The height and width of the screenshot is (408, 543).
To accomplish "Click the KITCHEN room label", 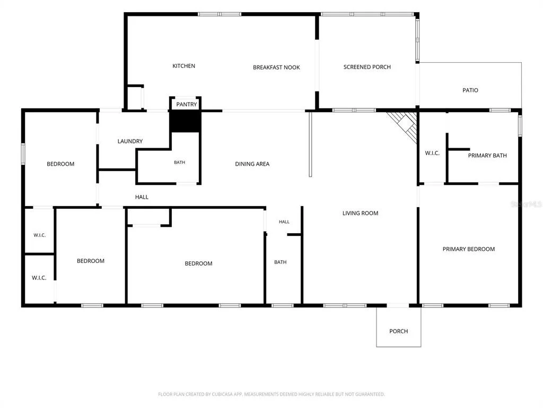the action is tap(183, 66).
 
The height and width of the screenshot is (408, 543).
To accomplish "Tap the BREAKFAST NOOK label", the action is tap(276, 67).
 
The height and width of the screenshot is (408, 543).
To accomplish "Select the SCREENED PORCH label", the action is tap(367, 67).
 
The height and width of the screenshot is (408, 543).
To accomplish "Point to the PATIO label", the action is tap(470, 90).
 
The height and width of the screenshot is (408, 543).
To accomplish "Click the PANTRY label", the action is tap(186, 105).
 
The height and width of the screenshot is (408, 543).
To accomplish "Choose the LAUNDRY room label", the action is tap(130, 141).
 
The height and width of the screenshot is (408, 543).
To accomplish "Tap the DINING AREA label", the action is tap(252, 164).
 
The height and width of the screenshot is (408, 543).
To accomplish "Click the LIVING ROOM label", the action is tap(360, 213).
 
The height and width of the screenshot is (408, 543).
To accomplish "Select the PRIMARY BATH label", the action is tap(487, 156).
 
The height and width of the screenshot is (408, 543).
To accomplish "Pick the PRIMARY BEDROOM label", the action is tap(469, 249).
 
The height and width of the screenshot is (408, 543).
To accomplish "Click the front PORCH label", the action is tap(399, 331).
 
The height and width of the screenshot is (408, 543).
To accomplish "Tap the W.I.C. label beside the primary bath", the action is tap(432, 153).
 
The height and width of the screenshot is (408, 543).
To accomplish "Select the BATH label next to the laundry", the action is tap(179, 163).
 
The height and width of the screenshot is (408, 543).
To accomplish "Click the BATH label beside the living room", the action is tap(280, 262).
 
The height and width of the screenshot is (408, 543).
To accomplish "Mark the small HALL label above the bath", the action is tap(284, 222).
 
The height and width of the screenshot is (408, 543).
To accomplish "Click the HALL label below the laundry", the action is tap(142, 197).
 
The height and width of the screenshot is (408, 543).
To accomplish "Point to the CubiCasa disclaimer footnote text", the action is tap(271, 394).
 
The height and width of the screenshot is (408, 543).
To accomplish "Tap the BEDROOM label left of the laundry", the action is tap(60, 164).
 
